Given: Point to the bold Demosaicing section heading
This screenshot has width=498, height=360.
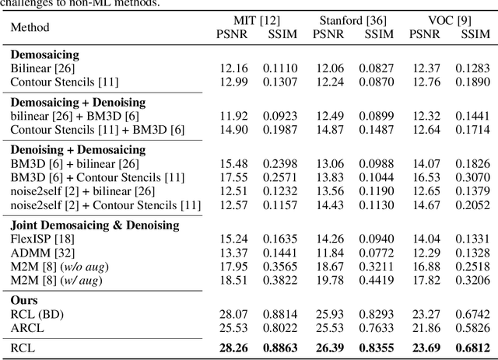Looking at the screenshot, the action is (45, 54).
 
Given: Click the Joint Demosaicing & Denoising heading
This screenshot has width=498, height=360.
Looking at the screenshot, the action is (95, 225).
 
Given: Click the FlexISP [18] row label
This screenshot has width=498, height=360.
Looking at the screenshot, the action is (41, 238).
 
